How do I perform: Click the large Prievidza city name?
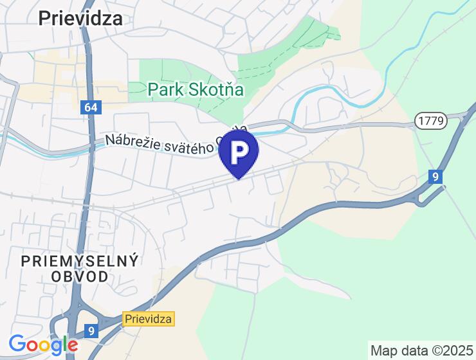[80, 18]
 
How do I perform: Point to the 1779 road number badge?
[429, 120]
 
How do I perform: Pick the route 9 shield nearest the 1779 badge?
[436, 176]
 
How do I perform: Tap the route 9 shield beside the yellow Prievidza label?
[91, 331]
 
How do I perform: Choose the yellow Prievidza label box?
[149, 319]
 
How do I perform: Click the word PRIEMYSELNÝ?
[80, 261]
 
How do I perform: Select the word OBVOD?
[80, 277]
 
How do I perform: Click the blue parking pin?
[239, 152]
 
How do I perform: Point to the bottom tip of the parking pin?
[239, 178]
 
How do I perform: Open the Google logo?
[44, 345]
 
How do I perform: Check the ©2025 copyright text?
[448, 350]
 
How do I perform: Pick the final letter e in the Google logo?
[72, 346]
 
